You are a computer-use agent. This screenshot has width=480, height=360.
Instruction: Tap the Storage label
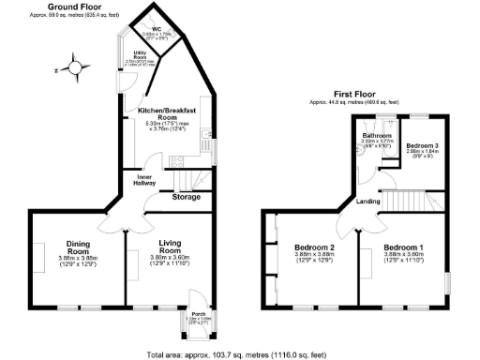click(x=187, y=197)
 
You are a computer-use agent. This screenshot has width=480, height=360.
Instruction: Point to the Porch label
click(x=198, y=314)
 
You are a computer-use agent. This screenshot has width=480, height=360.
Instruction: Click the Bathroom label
click(x=376, y=135)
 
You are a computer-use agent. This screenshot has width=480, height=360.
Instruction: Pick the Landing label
click(x=367, y=201)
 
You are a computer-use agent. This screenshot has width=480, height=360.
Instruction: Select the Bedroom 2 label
click(x=313, y=247)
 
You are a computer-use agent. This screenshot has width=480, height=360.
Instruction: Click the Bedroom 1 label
click(x=403, y=247)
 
